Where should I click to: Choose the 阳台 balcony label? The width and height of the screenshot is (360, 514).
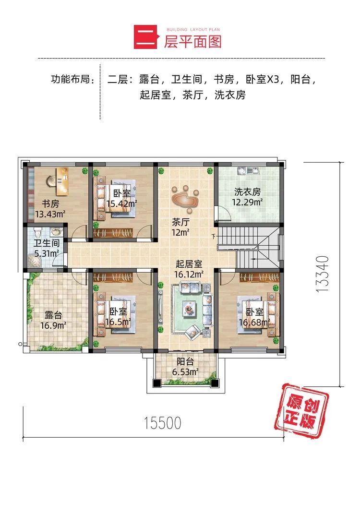coord(185,362)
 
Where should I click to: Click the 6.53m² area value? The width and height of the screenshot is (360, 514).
coord(185,372)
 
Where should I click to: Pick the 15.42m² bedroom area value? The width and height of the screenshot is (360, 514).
coord(122,203)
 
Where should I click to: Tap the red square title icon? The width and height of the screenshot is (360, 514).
coord(144,38)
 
